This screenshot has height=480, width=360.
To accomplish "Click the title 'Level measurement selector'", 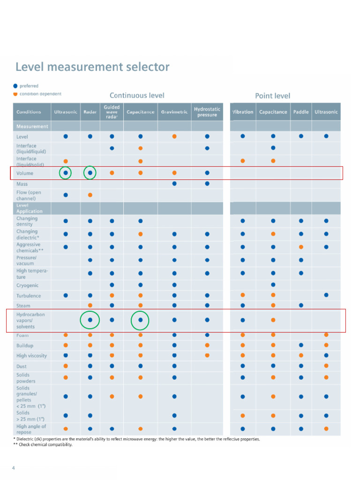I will [x=92, y=67].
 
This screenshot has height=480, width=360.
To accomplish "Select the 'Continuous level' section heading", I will [x=137, y=96].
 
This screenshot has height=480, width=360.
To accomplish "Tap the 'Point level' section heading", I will [x=272, y=96].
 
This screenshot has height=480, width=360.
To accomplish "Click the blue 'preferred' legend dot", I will [x=15, y=86].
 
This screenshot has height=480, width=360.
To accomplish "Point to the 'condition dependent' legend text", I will [x=40, y=94].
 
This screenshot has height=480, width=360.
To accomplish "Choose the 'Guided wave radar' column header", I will [x=112, y=112].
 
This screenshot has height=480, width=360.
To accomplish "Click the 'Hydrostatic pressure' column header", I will [x=207, y=112].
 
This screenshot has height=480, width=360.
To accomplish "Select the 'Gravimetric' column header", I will [x=174, y=112].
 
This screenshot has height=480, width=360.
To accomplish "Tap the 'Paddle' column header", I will [x=301, y=112].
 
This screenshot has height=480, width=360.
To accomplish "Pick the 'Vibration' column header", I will [x=243, y=112].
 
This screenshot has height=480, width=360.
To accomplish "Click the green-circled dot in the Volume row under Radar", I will [x=90, y=173].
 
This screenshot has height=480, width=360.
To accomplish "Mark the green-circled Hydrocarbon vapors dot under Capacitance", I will [x=140, y=320].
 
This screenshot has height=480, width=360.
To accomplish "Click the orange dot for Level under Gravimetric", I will [x=174, y=136].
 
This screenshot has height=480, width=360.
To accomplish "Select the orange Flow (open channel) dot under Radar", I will [x=90, y=195].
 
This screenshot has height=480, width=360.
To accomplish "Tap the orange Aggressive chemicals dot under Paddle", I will [x=301, y=247].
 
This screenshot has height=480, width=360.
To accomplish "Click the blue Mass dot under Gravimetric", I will [x=174, y=184].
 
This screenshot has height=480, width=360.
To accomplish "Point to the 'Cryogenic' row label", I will [x=28, y=285].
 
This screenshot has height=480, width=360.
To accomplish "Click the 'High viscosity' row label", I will [x=31, y=356].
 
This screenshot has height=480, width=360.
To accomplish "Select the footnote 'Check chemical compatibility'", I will [x=45, y=445].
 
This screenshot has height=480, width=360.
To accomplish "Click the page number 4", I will [x=14, y=468].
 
